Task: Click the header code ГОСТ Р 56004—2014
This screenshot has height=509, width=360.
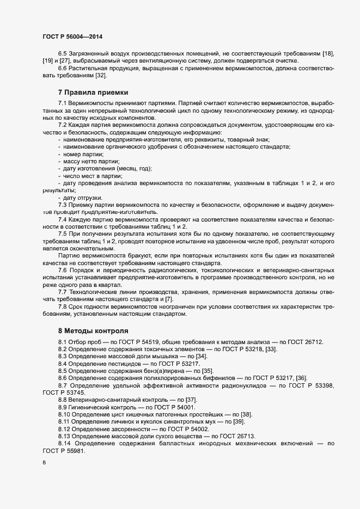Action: click(72, 36)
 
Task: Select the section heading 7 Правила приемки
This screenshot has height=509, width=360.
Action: click(93, 92)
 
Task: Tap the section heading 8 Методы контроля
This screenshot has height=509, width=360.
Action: click(93, 330)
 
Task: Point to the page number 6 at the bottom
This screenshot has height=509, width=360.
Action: click(44, 463)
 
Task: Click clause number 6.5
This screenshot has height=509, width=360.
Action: click(63, 53)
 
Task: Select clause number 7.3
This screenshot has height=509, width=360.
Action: click(63, 205)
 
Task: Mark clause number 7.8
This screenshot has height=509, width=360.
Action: click(63, 306)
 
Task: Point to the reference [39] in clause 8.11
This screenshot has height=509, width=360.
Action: click(239, 422)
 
